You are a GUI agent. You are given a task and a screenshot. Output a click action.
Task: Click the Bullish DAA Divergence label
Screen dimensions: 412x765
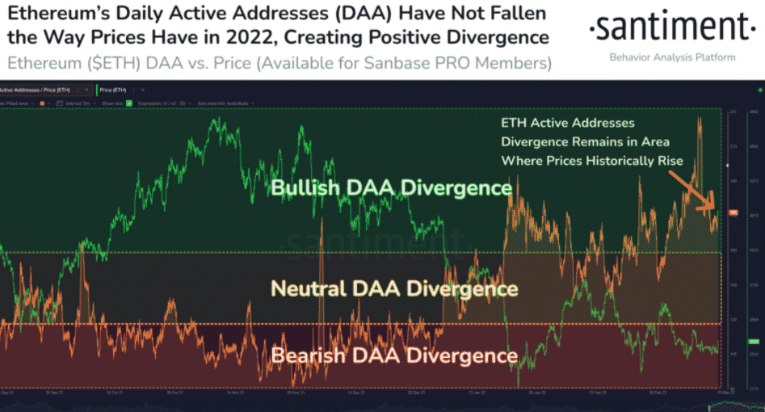tap(392, 188)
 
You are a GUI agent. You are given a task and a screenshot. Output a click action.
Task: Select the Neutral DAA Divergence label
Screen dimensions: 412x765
tap(394, 288)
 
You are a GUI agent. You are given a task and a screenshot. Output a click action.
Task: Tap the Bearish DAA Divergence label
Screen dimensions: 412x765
tap(394, 355)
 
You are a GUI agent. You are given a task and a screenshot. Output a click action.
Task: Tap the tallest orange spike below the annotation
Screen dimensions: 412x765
tap(699, 121)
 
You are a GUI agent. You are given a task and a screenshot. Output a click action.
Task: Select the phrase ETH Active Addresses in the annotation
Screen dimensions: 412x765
tap(568, 124)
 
